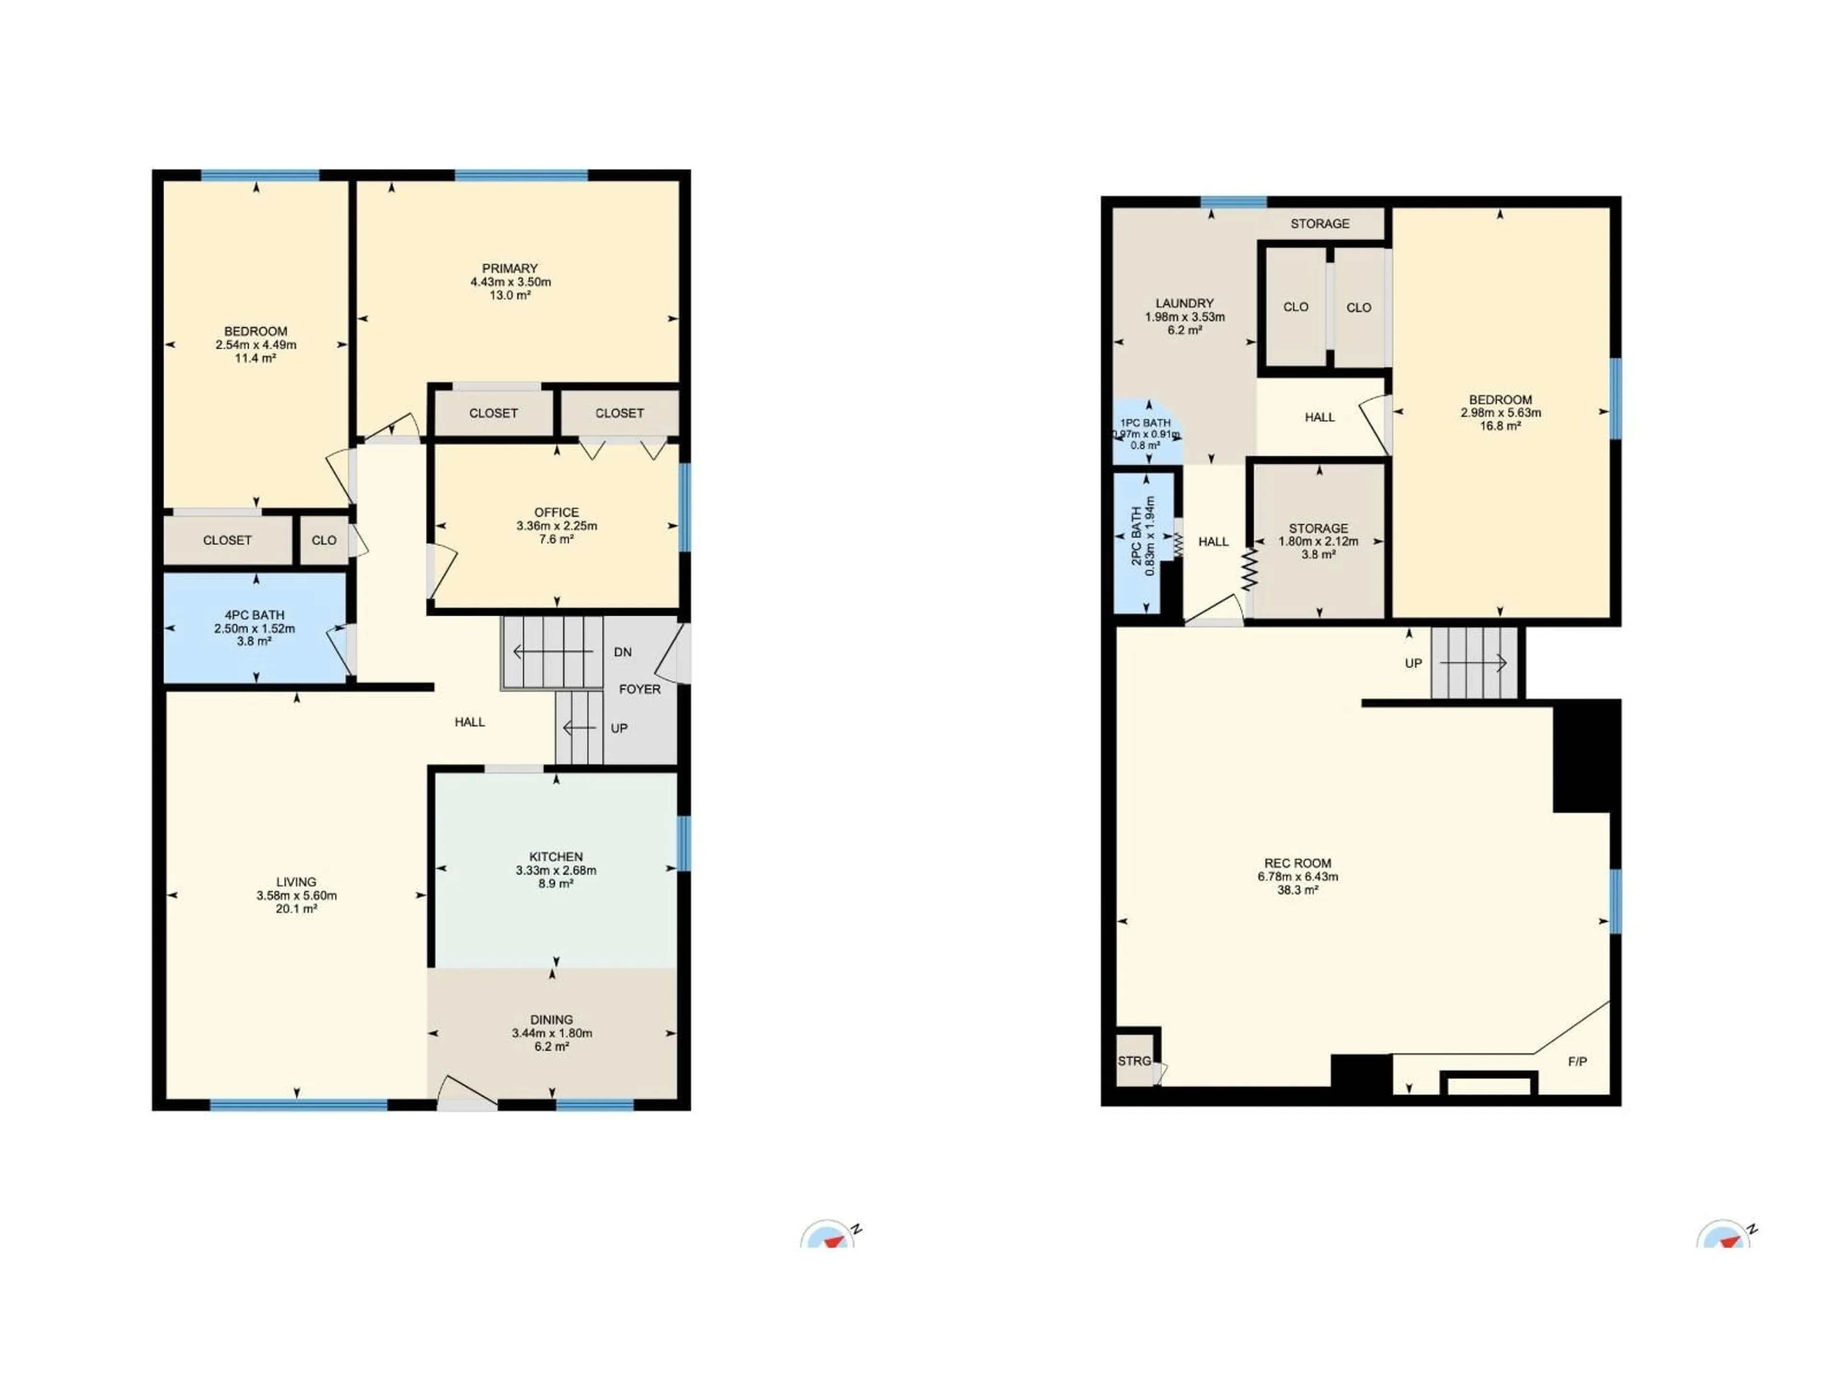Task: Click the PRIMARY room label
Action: [x=509, y=268]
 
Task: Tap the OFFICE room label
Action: [x=556, y=512]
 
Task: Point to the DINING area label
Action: [x=551, y=1020]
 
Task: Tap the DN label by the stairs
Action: [x=623, y=652]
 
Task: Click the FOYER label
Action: [x=639, y=689]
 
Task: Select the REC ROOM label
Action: [x=1298, y=863]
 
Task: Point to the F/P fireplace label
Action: [x=1577, y=1061]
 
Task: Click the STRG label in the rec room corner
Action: [x=1134, y=1061]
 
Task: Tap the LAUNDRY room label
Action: [x=1184, y=303]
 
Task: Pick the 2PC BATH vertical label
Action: [x=1137, y=537]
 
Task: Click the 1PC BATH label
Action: [x=1146, y=423]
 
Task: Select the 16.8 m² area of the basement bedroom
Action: [x=1500, y=425]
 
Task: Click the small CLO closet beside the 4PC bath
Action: [x=324, y=540]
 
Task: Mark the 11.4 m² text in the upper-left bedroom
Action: [x=256, y=358]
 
